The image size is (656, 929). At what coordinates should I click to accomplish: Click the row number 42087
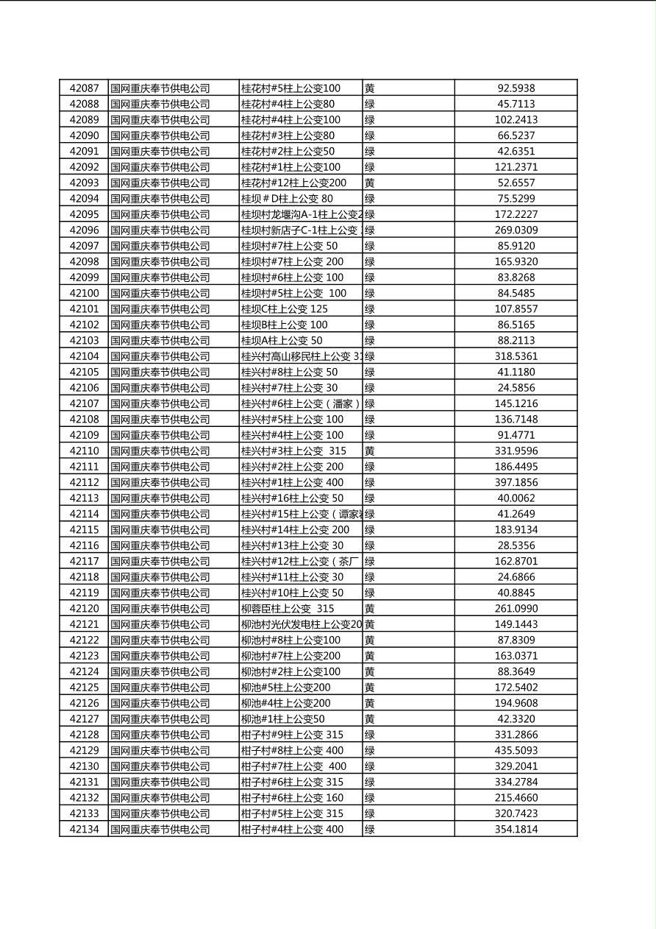(84, 88)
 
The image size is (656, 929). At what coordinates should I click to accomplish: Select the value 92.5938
(516, 88)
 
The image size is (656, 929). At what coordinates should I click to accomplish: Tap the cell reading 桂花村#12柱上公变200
(293, 183)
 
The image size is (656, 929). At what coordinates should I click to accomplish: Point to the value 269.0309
(516, 230)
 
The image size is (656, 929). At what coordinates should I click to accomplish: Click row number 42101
(84, 309)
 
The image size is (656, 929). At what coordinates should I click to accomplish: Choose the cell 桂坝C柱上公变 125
(285, 309)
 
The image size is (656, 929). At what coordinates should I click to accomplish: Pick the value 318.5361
(516, 356)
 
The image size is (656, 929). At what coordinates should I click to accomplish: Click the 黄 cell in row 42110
(370, 451)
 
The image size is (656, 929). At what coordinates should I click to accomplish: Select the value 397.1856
(516, 482)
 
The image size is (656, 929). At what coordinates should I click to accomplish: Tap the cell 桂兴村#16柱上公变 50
(292, 498)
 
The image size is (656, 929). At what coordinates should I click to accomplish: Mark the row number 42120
(84, 609)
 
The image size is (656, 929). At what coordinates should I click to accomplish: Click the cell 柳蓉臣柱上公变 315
(288, 609)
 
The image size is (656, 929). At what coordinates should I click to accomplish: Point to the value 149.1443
(516, 624)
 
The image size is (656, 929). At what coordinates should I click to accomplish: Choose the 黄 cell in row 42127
(370, 719)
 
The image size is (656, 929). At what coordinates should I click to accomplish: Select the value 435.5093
(516, 750)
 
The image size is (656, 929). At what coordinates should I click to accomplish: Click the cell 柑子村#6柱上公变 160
(292, 798)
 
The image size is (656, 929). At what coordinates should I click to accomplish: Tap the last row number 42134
(84, 830)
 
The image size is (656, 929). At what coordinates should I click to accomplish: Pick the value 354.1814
(516, 830)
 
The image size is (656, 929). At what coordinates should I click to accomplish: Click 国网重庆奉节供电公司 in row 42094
(160, 199)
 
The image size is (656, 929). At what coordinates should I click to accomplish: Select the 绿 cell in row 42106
(370, 388)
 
